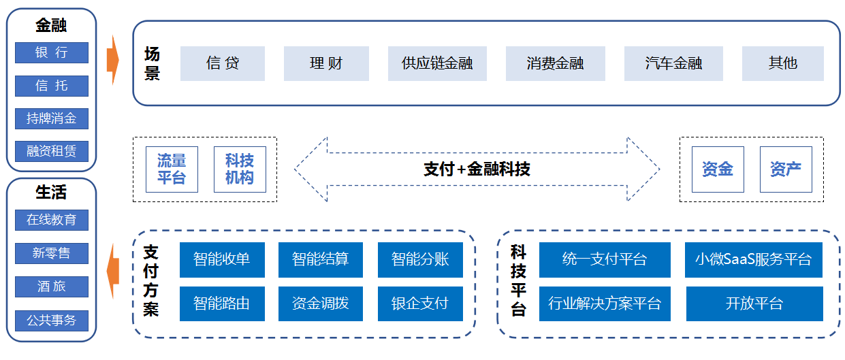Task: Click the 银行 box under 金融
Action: point(52,52)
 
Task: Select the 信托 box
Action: point(52,86)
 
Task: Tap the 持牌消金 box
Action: point(52,118)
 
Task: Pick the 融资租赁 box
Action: point(52,151)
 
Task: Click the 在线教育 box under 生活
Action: point(52,220)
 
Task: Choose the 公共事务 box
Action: point(52,321)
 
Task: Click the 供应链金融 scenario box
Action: point(437,63)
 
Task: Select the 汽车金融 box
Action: point(673,63)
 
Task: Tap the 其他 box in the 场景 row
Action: point(783,63)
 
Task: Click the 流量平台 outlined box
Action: point(172,169)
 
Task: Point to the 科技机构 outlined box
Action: point(240,169)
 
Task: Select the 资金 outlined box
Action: point(718,169)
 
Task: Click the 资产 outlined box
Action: point(786,169)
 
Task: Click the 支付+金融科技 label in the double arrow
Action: point(477,169)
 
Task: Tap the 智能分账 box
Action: point(420,260)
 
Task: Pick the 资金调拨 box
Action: point(321,304)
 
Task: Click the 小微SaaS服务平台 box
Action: point(754,260)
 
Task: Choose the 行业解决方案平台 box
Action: point(605,304)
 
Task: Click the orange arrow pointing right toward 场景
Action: point(113,60)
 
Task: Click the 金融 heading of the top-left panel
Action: point(51,26)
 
